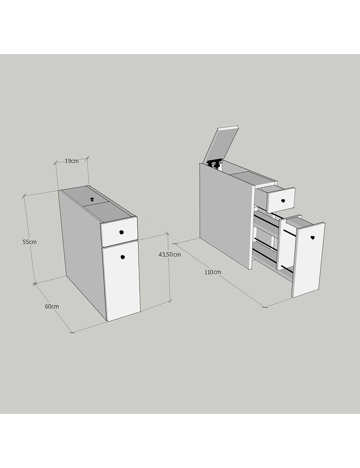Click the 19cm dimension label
pos(72,161)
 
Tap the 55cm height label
pos(29,242)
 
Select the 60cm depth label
pos(52,306)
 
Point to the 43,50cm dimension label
pos(170,254)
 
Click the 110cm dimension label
pos(213,272)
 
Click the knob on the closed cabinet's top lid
pos(92,199)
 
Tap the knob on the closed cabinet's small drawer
pos(121,232)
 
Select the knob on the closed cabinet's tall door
pos(122,257)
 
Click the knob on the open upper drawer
pos(283,201)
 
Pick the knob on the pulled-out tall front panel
pos(312,237)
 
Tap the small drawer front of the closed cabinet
pos(119,231)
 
